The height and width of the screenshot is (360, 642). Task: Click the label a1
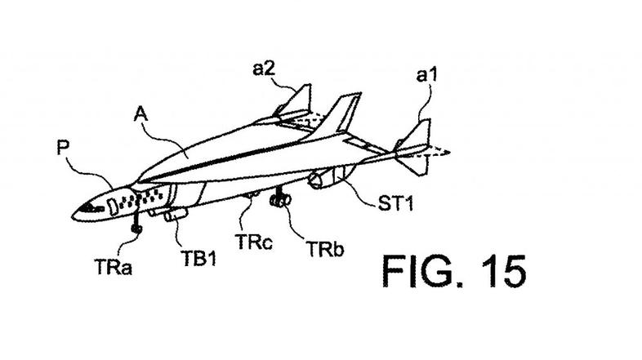coord(426,77)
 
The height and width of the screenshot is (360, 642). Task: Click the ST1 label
coord(395,203)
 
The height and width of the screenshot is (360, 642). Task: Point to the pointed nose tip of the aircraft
coord(76,216)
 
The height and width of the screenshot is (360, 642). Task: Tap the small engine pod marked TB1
coord(175,215)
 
